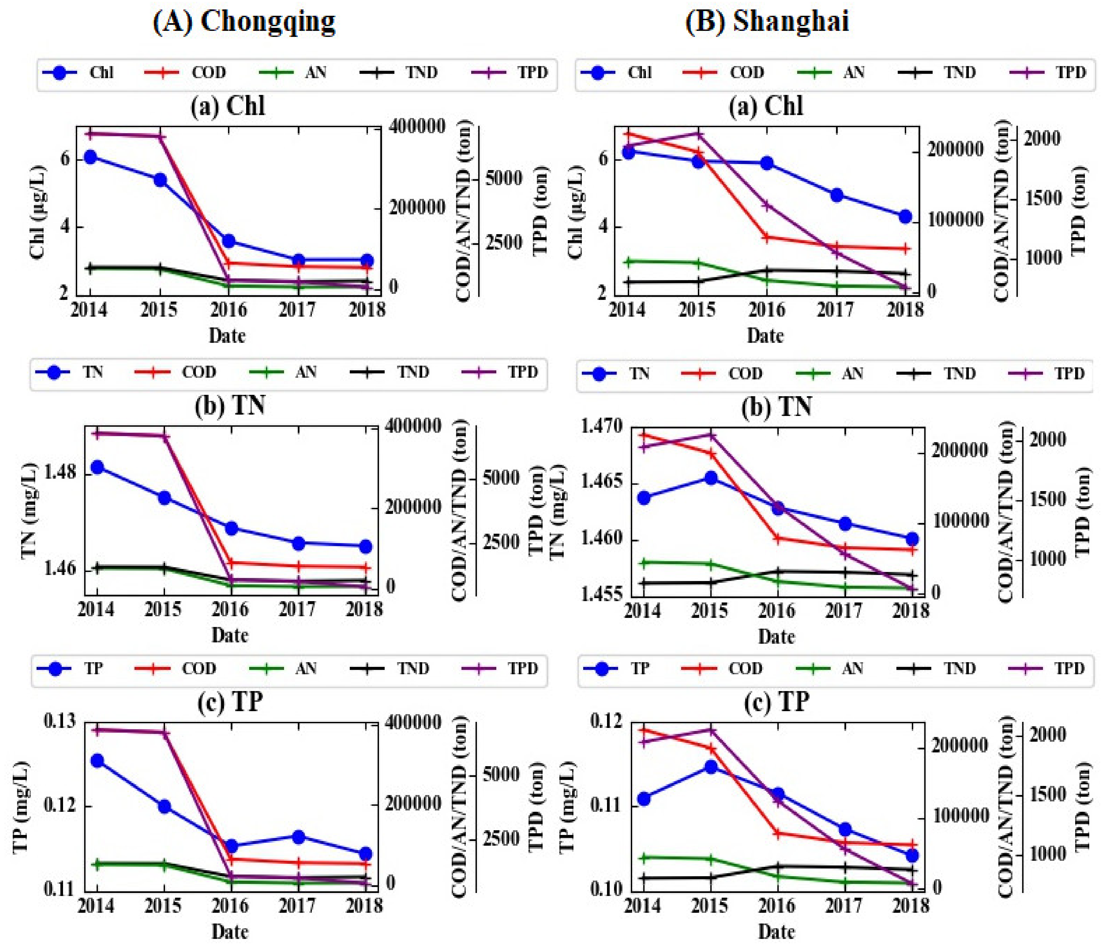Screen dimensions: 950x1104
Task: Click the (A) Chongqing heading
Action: tap(244, 22)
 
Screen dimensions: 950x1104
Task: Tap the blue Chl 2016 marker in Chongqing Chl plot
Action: tap(229, 241)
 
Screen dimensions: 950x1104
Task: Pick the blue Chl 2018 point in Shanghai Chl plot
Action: tap(905, 216)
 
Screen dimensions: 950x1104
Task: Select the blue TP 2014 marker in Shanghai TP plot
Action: tap(644, 799)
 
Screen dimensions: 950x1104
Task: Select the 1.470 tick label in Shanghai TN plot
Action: tap(602, 426)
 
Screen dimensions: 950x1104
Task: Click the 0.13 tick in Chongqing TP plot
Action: tap(60, 722)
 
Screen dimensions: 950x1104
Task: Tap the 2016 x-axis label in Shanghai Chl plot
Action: tap(767, 310)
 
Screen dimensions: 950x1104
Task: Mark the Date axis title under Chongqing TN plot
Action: tap(230, 635)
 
